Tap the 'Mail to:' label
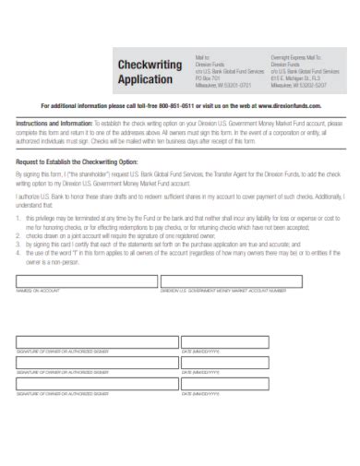[203, 56]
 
